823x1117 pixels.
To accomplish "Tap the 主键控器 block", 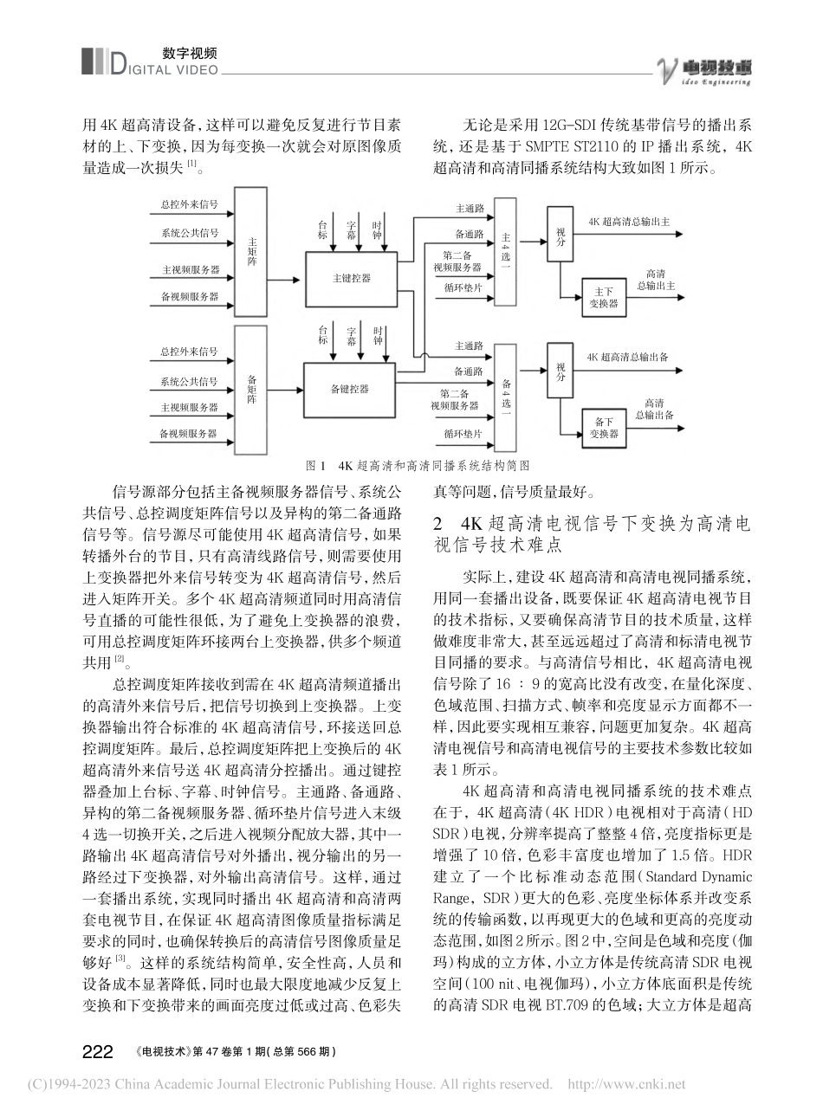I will click(x=351, y=278).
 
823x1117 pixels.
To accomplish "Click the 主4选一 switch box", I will click(x=506, y=252).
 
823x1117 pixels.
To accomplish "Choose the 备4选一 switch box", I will click(x=506, y=397).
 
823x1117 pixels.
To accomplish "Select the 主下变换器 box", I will click(x=604, y=298).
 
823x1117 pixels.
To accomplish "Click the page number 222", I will click(x=97, y=1051).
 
